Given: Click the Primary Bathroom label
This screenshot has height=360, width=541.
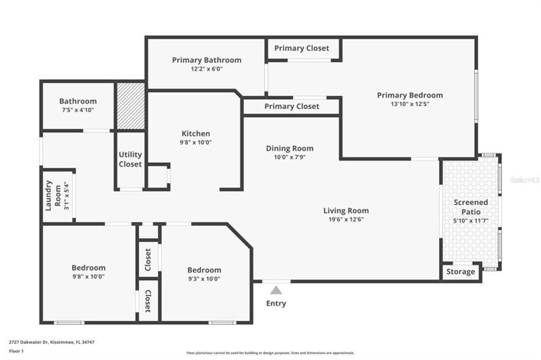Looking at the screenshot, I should [x=206, y=60].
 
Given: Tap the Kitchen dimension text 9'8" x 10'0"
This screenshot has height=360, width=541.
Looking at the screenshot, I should [x=196, y=142].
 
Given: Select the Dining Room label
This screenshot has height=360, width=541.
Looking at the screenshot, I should [x=289, y=148].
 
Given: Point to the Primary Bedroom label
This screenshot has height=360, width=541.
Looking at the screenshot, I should [x=409, y=95].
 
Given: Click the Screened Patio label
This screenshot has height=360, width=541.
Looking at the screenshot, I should [x=470, y=206].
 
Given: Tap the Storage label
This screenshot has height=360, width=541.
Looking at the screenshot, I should [x=461, y=272].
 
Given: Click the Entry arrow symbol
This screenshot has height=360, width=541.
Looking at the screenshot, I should [x=275, y=290].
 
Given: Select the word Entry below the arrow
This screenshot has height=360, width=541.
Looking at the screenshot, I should [x=275, y=303].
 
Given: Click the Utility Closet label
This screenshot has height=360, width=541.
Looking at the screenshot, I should [x=130, y=159].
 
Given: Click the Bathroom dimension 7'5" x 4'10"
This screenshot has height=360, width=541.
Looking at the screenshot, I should [x=78, y=111].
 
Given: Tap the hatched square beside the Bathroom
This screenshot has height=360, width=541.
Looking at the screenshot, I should [x=130, y=106].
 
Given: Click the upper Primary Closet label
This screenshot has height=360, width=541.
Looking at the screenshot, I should [x=302, y=48].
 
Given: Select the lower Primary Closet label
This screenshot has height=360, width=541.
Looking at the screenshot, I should [x=292, y=106].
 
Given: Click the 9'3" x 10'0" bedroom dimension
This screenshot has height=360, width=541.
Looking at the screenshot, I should [x=204, y=279].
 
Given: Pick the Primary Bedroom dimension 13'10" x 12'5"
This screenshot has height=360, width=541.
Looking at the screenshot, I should [x=409, y=104].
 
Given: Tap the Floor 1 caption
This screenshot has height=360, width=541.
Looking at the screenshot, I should [x=17, y=351].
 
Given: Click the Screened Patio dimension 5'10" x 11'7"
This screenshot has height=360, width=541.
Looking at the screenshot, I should [x=470, y=220].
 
